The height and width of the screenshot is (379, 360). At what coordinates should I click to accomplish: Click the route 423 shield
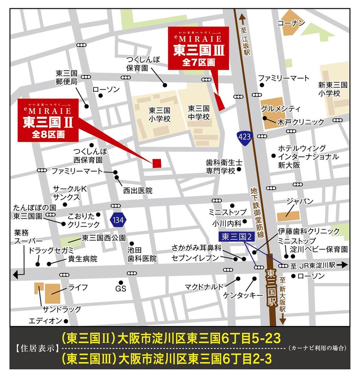click(245, 136)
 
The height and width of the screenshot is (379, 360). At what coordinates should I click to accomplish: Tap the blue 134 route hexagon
click(118, 219)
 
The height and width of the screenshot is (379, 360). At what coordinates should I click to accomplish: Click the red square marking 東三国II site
click(157, 163)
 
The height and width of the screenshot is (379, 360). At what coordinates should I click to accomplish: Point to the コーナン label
click(291, 23)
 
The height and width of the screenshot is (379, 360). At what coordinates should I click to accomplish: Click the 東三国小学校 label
click(159, 114)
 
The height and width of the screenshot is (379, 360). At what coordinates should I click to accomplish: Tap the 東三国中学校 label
click(199, 113)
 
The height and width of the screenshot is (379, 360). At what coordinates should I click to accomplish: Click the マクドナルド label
click(204, 286)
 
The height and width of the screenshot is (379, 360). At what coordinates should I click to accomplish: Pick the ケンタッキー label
click(241, 295)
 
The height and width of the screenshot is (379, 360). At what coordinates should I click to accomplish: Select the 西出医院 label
click(138, 190)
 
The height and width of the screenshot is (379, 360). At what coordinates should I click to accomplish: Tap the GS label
click(121, 289)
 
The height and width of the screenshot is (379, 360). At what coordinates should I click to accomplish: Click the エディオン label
click(45, 320)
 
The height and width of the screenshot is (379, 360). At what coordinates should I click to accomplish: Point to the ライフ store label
click(78, 287)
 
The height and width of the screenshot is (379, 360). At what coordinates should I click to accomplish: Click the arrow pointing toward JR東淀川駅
click(342, 265)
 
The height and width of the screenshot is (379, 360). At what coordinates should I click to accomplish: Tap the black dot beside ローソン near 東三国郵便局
click(101, 96)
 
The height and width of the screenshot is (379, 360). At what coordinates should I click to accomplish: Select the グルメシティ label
click(280, 109)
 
